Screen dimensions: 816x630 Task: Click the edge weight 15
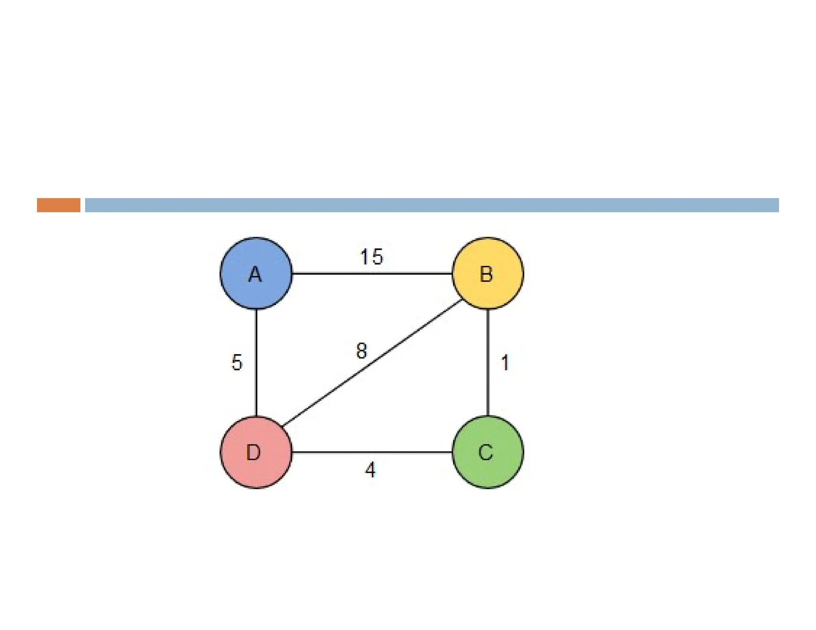click(x=371, y=257)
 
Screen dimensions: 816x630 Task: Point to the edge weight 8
click(x=361, y=351)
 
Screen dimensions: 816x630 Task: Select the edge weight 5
click(x=237, y=362)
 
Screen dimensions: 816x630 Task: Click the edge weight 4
click(x=370, y=470)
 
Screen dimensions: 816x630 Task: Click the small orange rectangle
click(x=59, y=205)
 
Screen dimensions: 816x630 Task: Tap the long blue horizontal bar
click(x=432, y=205)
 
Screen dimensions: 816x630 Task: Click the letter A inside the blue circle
click(x=255, y=274)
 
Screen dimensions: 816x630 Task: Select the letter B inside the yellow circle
click(x=486, y=274)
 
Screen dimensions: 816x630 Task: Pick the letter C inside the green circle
click(x=486, y=452)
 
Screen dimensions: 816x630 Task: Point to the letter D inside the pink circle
click(x=253, y=452)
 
